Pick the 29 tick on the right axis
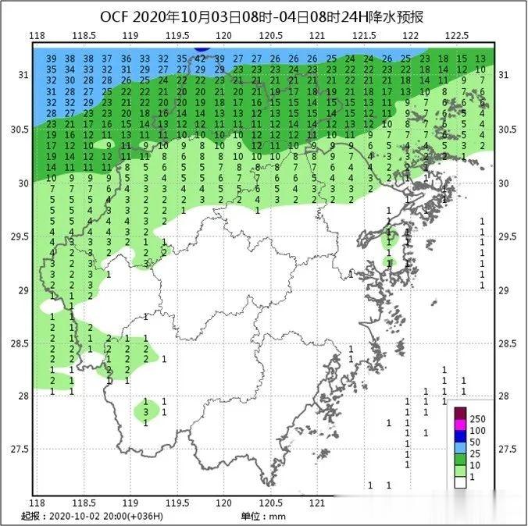[504, 290]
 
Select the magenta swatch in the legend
[461, 431]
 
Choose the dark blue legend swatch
[461, 442]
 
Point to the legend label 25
[476, 453]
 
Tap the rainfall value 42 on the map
[200, 59]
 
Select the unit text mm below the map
[277, 517]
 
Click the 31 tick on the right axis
[504, 75]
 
